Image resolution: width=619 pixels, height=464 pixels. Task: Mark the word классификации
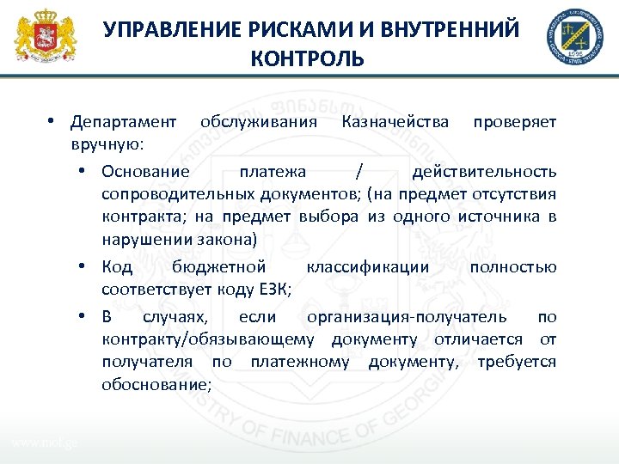point(379,266)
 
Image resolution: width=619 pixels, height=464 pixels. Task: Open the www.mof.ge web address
point(44,443)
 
